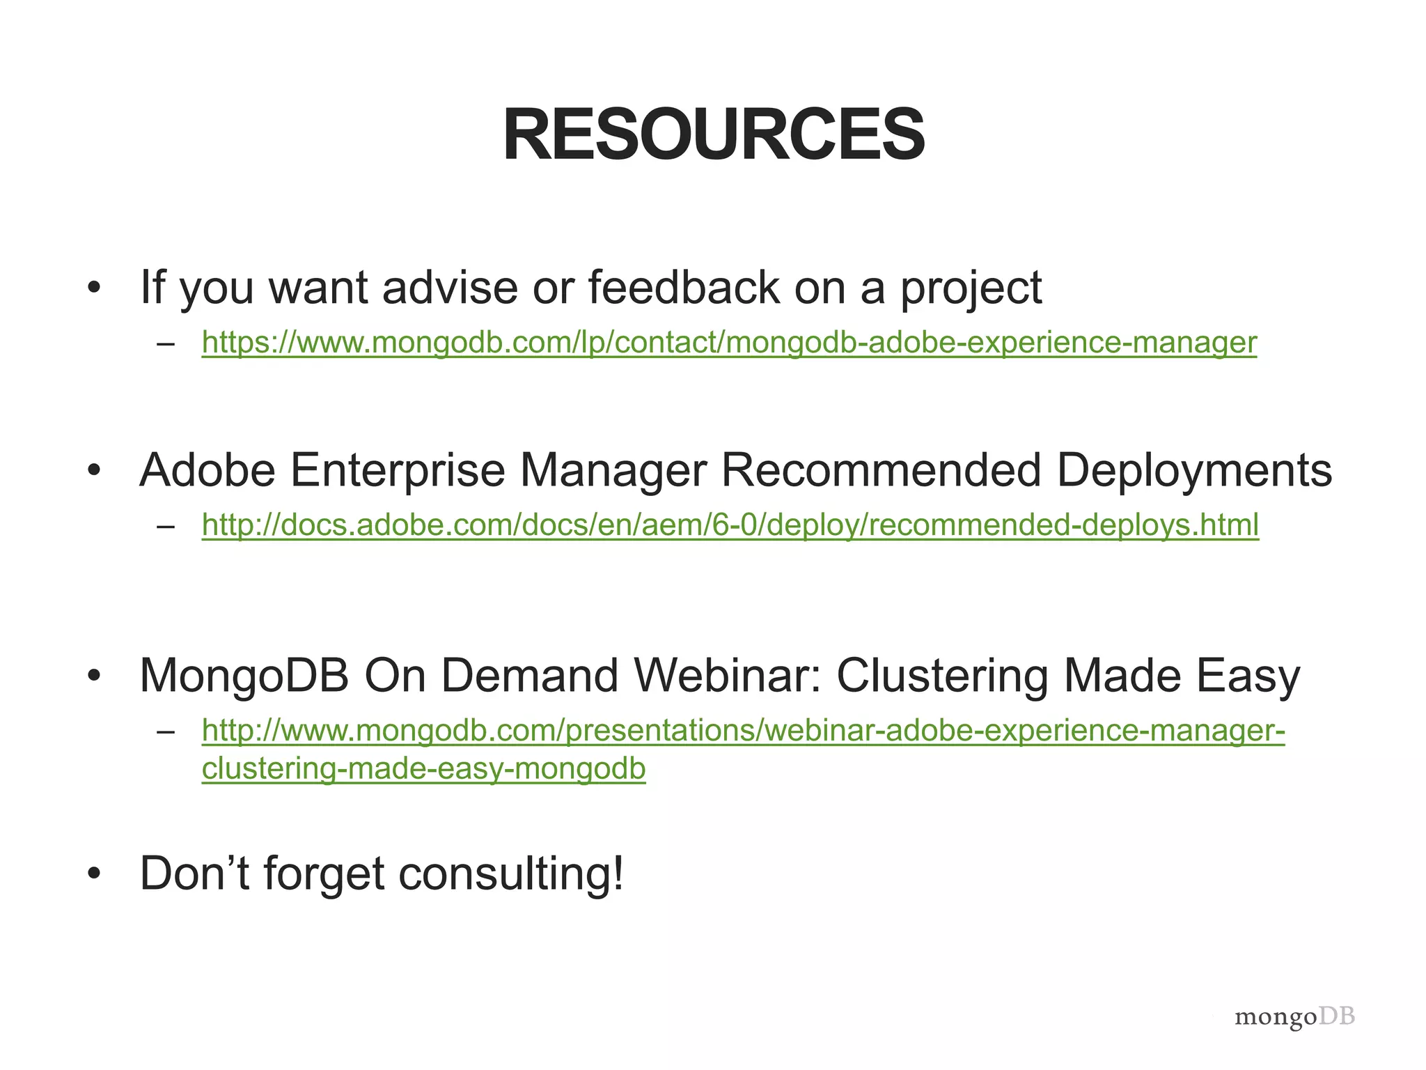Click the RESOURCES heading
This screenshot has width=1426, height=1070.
click(713, 134)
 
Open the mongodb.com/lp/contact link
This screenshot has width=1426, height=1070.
click(729, 342)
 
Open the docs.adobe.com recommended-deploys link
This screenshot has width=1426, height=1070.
click(730, 525)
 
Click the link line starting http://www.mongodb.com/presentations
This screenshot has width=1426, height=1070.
click(743, 730)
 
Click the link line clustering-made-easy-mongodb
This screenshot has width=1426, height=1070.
click(423, 768)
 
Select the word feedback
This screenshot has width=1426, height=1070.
click(684, 287)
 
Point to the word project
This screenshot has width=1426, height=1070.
click(971, 288)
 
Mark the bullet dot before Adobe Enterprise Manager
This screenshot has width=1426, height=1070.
click(95, 471)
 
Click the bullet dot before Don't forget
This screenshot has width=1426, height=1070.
click(95, 874)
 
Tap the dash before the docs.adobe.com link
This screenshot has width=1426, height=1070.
click(166, 525)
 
